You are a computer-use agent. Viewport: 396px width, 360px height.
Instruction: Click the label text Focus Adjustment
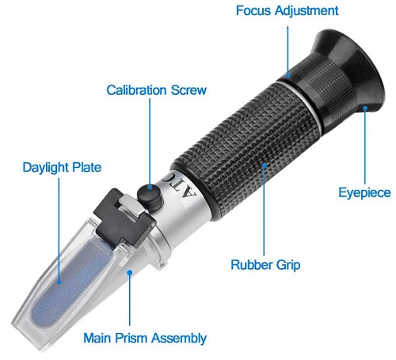point(287,11)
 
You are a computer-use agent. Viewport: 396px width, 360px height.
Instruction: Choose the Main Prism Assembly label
point(145,338)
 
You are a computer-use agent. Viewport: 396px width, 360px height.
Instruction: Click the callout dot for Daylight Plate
point(59,280)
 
